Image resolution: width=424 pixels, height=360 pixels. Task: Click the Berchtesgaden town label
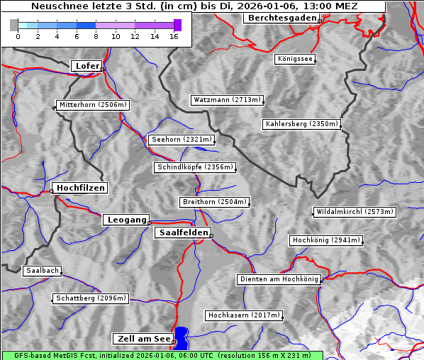281,18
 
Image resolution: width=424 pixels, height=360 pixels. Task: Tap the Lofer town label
87,66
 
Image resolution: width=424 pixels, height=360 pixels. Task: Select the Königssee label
295,59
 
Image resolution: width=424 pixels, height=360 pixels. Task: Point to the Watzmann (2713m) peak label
227,100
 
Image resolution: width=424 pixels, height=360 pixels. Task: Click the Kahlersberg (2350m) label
301,124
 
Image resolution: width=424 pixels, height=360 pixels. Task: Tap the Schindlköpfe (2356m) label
194,167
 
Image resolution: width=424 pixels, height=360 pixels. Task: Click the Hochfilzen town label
81,188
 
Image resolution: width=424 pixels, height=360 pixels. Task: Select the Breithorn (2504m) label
214,202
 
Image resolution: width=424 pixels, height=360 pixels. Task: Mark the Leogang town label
127,220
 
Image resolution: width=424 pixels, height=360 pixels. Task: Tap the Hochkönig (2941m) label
326,240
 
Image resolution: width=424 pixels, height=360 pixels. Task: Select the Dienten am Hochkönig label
279,280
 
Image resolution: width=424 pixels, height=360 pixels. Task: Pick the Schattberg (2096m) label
91,298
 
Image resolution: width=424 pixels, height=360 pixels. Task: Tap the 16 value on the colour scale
174,36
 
